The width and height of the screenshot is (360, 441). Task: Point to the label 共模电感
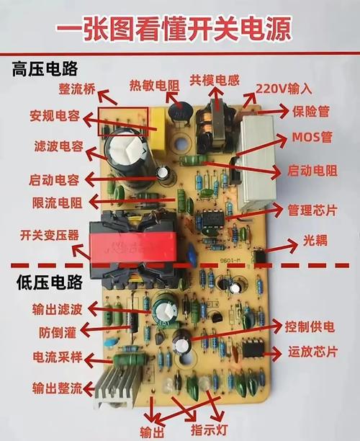214,79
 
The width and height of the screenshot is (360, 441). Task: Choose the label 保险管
311,112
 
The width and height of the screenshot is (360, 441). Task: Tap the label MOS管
312,137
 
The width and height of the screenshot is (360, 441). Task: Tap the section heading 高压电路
45,70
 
